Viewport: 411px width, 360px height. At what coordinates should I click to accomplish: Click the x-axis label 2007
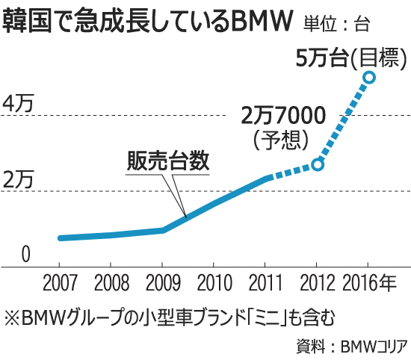click(58, 284)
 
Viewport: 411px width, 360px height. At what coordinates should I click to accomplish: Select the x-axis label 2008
click(110, 284)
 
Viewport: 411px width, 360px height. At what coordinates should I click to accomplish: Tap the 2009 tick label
click(161, 284)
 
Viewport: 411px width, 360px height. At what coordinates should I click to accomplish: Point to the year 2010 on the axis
click(213, 284)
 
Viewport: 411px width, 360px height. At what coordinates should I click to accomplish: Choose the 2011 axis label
click(265, 284)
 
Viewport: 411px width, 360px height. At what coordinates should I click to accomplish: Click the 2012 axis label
click(316, 284)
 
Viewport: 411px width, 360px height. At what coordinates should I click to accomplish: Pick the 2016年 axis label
click(372, 284)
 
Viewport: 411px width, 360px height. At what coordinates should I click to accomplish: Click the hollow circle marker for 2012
click(317, 164)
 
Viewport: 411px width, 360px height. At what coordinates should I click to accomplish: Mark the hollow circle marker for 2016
click(368, 76)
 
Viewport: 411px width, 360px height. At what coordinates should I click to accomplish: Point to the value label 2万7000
click(283, 116)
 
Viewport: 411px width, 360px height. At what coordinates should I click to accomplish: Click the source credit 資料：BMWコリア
click(360, 346)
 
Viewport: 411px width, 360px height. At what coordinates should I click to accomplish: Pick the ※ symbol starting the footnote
click(12, 317)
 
